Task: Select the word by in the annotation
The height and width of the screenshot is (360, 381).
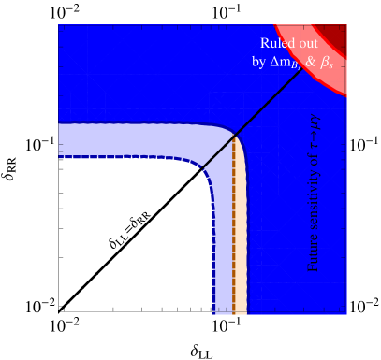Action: coord(259,62)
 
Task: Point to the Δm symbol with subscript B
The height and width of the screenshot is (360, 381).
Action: coord(285,63)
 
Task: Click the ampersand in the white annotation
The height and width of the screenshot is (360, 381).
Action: coord(310,62)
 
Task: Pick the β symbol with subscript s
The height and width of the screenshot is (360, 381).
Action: coord(327,63)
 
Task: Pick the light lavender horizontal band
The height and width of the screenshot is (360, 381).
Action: coord(131,139)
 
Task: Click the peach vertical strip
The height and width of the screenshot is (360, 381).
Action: coord(241,243)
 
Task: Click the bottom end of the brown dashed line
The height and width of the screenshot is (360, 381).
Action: coord(233,313)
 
